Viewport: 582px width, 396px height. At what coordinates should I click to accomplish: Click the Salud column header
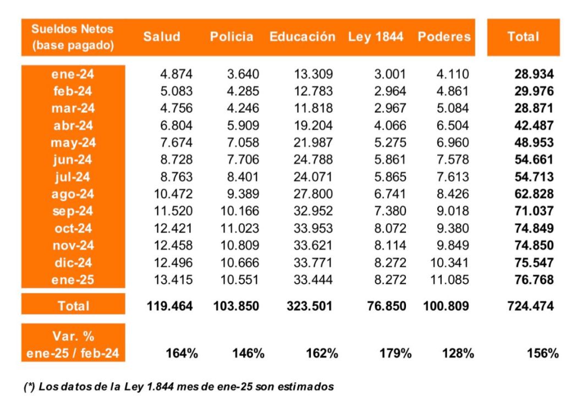(161, 37)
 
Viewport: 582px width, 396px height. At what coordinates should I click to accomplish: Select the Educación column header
(302, 37)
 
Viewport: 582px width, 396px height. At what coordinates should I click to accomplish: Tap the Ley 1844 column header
(376, 37)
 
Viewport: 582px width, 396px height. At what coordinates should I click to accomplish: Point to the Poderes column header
(444, 37)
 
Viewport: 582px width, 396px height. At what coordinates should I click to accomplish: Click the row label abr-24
(73, 125)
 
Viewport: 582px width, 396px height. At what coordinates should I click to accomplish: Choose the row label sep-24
(73, 211)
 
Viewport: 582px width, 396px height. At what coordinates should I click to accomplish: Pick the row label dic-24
(73, 262)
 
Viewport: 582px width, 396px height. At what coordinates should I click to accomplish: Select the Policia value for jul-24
(243, 177)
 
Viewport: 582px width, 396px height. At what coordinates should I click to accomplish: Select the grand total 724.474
(530, 306)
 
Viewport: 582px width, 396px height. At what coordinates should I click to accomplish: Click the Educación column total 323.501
(309, 306)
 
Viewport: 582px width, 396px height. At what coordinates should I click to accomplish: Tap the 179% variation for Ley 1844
(395, 353)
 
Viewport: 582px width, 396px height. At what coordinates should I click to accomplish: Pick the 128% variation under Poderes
(458, 353)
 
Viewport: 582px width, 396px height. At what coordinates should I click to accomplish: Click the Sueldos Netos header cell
(73, 37)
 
